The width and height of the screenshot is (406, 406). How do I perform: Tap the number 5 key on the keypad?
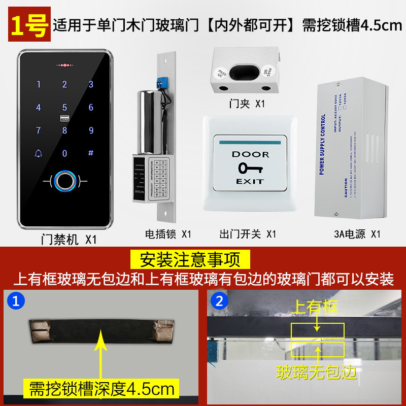coord(64,108)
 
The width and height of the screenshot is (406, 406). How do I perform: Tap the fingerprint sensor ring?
coord(64,181)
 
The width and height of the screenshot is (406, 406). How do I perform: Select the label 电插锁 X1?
coord(168,234)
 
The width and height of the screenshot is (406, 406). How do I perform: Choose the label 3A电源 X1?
coord(357,234)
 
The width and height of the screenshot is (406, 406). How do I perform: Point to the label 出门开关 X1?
coord(247,234)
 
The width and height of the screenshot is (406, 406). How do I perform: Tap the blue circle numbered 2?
coord(219,301)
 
